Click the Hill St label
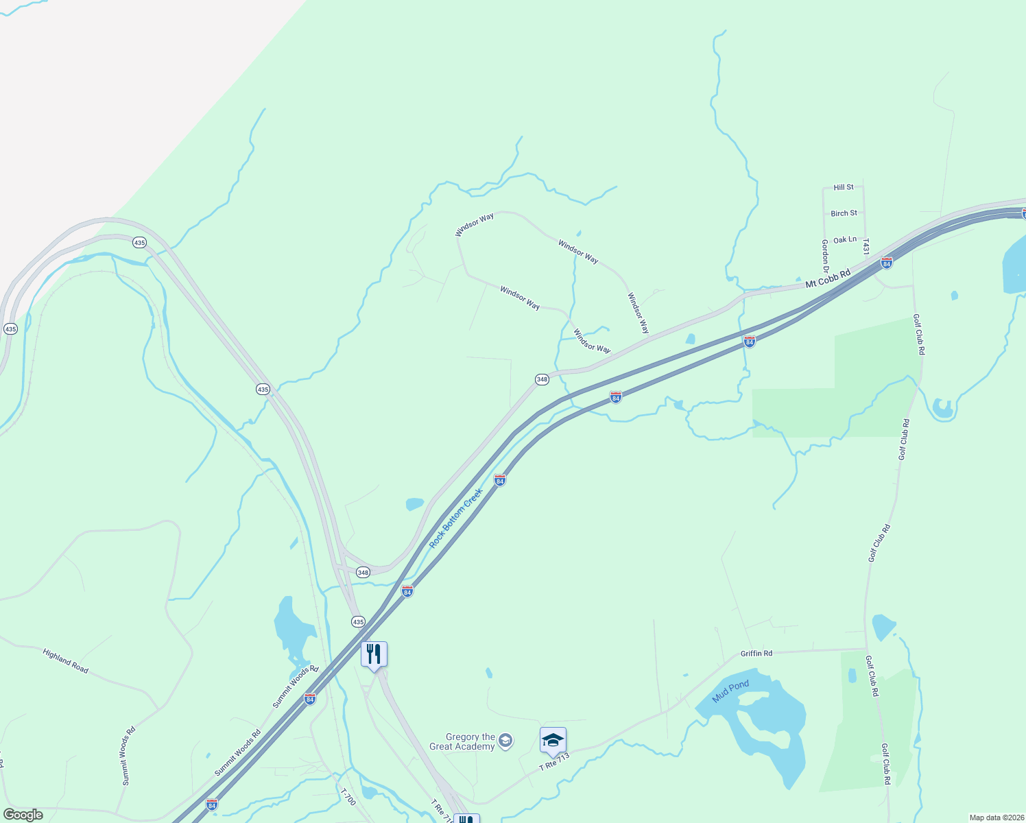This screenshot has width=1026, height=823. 844,187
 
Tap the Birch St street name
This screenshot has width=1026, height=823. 844,213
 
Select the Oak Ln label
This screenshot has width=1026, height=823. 844,240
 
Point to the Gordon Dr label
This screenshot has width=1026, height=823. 825,256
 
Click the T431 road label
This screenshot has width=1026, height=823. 866,247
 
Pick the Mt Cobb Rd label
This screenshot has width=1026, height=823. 828,278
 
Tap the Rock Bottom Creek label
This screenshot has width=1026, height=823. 456,518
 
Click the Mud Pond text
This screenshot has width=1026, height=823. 730,691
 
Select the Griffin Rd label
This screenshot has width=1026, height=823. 756,654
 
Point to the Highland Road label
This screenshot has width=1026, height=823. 66,661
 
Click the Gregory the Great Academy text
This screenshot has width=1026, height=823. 462,741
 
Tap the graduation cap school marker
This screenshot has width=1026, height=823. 553,741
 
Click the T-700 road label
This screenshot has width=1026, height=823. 348,796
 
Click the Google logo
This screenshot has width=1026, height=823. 23,815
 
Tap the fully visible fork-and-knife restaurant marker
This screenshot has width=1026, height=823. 374,654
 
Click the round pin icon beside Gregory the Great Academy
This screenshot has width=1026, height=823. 505,740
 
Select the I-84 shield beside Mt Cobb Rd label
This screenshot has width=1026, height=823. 887,263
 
